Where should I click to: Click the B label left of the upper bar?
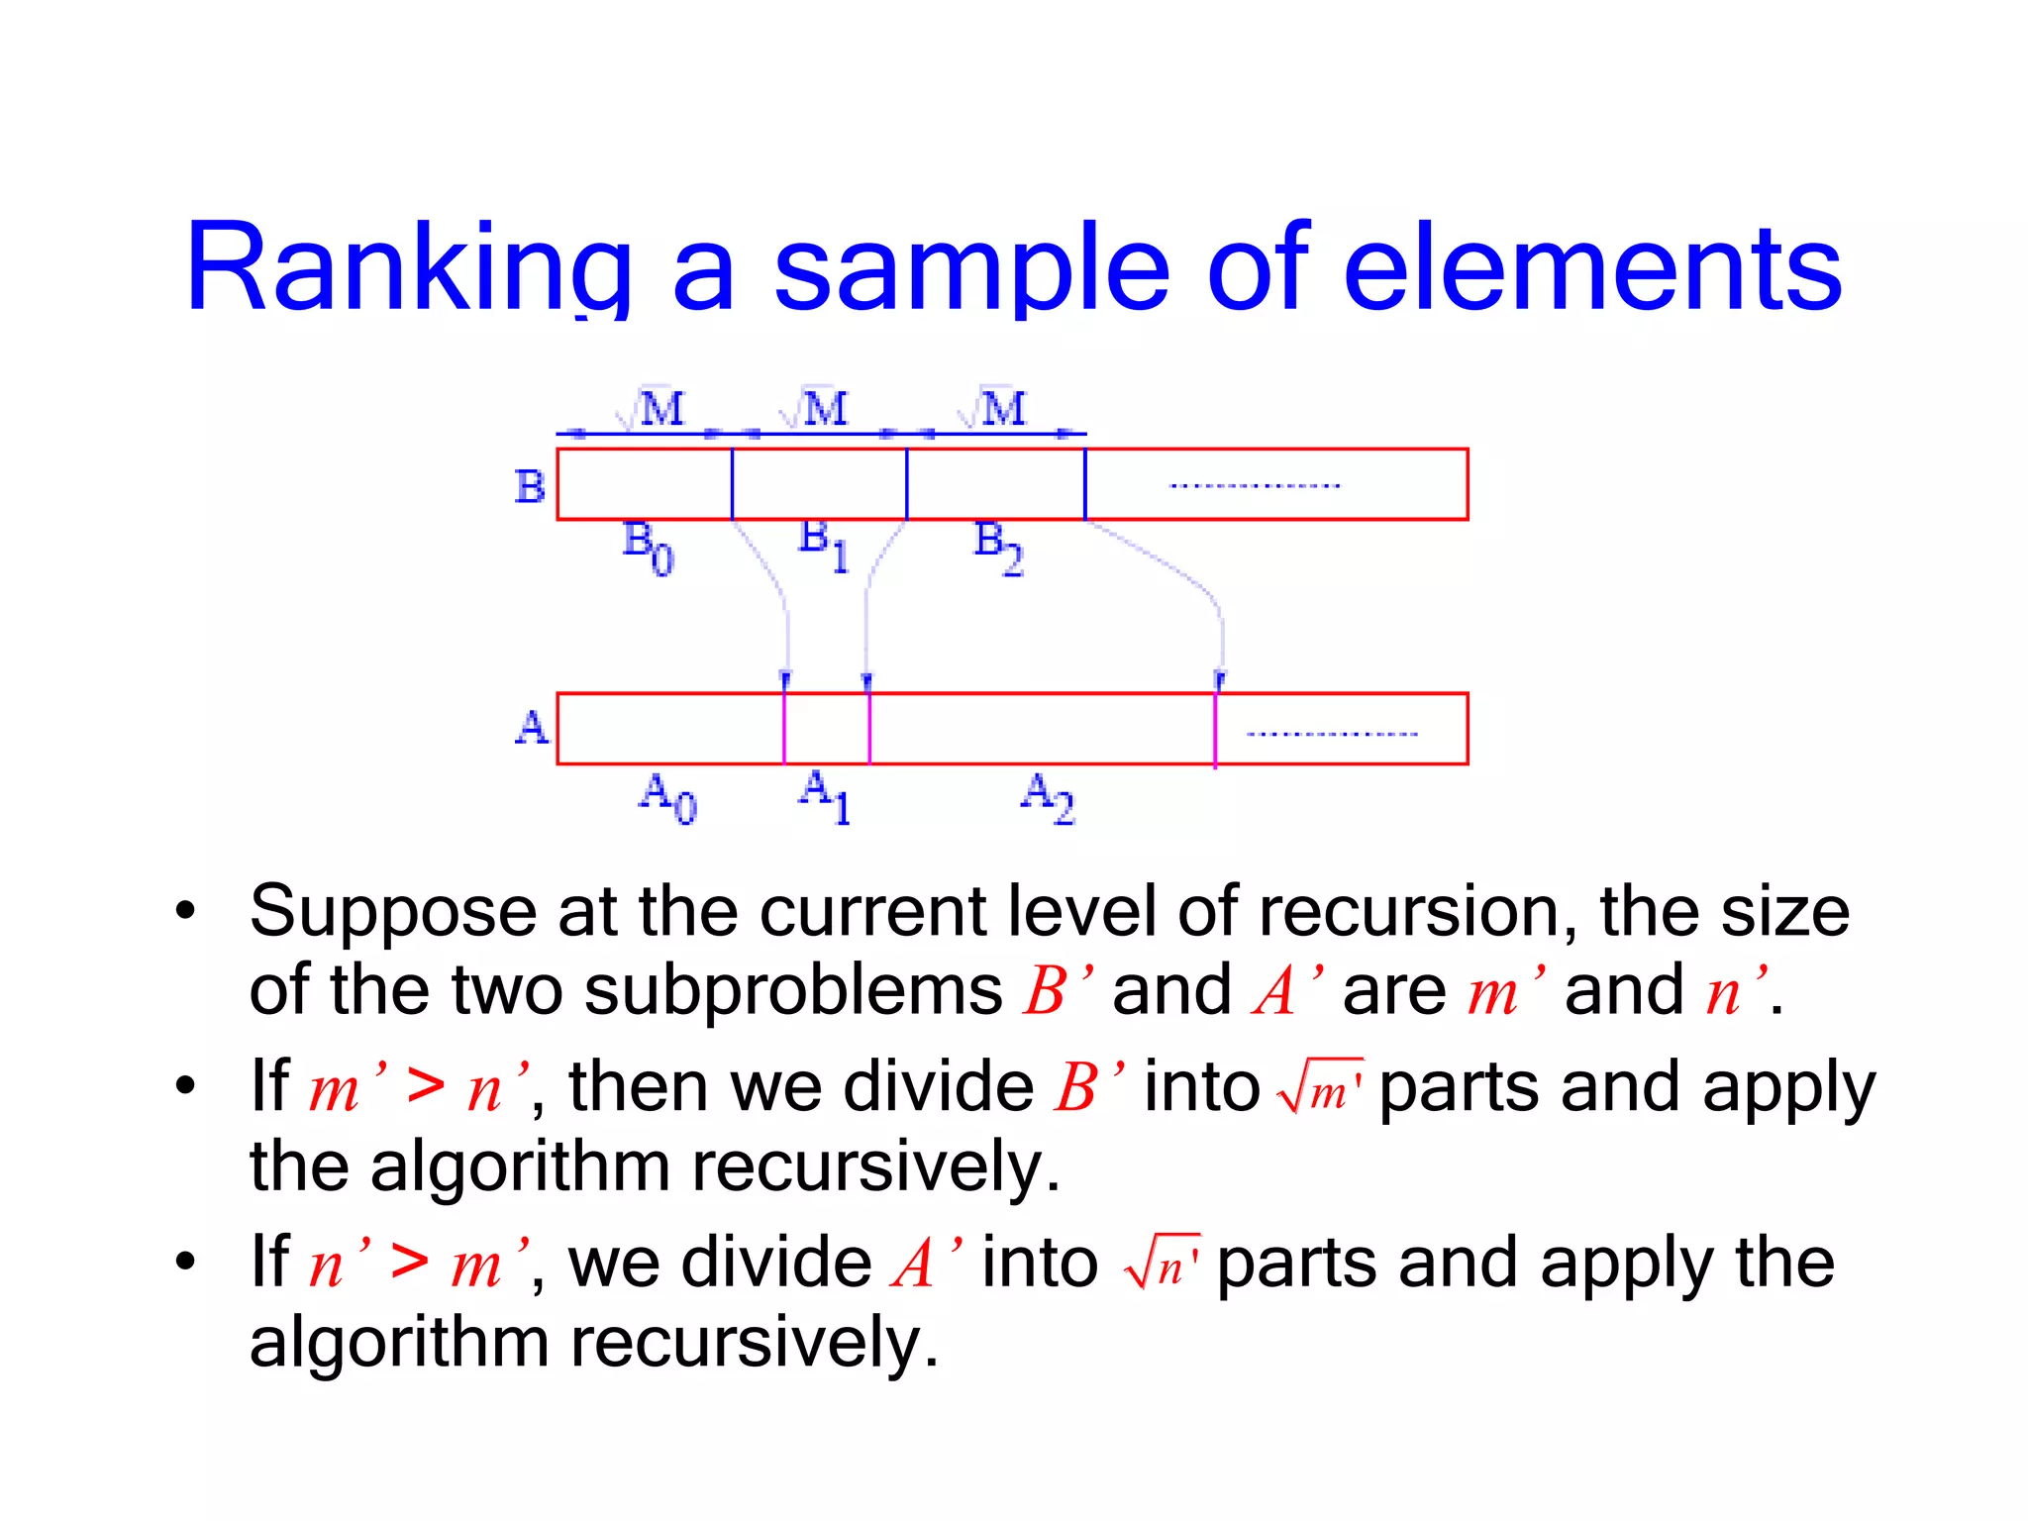pyautogui.click(x=530, y=486)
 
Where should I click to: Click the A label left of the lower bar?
pyautogui.click(x=532, y=728)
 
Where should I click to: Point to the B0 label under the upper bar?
pyautogui.click(x=648, y=548)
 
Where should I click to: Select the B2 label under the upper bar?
pyautogui.click(x=998, y=548)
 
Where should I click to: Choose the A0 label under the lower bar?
pyautogui.click(x=667, y=798)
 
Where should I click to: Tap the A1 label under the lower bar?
pyautogui.click(x=825, y=798)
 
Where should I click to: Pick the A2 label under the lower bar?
pyautogui.click(x=1048, y=798)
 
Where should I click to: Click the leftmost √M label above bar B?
pyautogui.click(x=651, y=408)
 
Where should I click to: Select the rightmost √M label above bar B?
pyautogui.click(x=993, y=408)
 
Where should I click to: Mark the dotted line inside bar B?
pyautogui.click(x=1255, y=486)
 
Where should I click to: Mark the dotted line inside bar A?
pyautogui.click(x=1332, y=734)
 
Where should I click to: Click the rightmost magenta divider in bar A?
pyautogui.click(x=1215, y=730)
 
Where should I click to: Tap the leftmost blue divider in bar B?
pyautogui.click(x=732, y=484)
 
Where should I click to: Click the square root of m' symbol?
pyautogui.click(x=1320, y=1087)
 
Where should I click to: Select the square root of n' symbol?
pyautogui.click(x=1163, y=1264)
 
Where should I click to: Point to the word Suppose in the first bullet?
pyautogui.click(x=391, y=912)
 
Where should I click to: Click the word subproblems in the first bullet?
pyautogui.click(x=793, y=990)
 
